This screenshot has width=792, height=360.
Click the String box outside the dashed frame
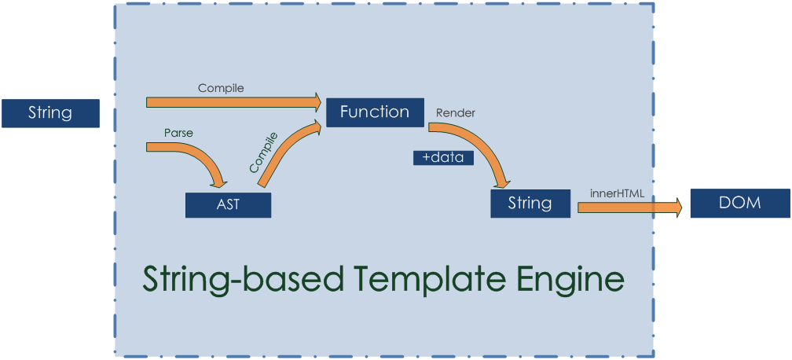pyautogui.click(x=50, y=113)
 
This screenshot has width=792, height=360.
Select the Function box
pyautogui.click(x=374, y=112)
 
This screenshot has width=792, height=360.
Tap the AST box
pyautogui.click(x=228, y=205)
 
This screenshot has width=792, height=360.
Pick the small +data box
pyautogui.click(x=443, y=158)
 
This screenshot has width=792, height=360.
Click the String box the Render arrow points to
pyautogui.click(x=529, y=204)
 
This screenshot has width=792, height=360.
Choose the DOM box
pyautogui.click(x=739, y=203)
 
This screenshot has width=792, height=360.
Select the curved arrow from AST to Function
pyautogui.click(x=287, y=153)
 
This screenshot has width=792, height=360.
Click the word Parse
pyautogui.click(x=178, y=133)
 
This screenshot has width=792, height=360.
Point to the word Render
pyautogui.click(x=456, y=112)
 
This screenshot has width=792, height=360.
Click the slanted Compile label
pyautogui.click(x=263, y=152)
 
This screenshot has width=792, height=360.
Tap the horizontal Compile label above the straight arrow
pyautogui.click(x=221, y=88)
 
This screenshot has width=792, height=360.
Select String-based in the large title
pyautogui.click(x=242, y=279)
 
